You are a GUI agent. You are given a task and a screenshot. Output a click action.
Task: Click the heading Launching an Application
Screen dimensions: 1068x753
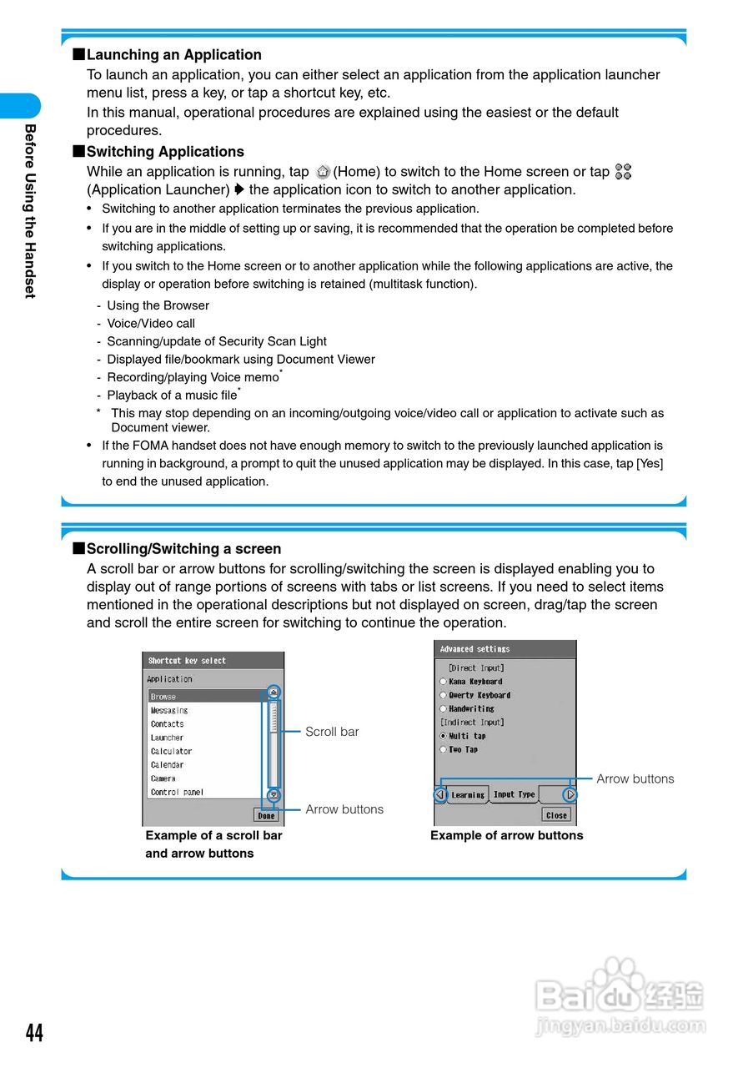173,55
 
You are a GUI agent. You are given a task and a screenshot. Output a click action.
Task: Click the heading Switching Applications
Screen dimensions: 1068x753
165,152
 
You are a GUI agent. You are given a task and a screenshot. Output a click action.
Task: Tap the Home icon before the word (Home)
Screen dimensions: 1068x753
324,172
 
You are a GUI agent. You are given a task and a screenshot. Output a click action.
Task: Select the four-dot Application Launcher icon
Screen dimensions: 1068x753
623,171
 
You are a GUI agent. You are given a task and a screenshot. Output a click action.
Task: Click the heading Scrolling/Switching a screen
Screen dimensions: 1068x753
183,549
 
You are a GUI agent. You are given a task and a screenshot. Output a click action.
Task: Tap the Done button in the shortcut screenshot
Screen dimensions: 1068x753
266,815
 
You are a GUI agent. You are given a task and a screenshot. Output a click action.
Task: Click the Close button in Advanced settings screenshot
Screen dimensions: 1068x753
556,814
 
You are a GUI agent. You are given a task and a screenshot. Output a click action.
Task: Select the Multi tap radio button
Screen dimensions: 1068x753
444,736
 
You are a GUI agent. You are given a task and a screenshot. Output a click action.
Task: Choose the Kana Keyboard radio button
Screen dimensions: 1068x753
444,682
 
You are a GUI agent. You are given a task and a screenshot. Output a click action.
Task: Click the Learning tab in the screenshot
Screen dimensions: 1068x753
468,795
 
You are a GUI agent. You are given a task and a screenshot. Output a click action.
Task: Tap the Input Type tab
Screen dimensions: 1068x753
514,794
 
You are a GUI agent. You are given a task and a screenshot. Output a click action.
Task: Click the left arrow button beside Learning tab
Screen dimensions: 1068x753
440,795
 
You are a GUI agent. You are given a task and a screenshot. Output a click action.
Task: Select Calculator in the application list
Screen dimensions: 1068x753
172,751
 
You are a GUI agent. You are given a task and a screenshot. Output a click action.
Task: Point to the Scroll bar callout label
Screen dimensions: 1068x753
332,732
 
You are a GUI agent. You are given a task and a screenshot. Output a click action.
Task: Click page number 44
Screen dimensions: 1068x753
34,1033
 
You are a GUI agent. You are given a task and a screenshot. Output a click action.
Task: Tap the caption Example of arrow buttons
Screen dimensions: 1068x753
506,835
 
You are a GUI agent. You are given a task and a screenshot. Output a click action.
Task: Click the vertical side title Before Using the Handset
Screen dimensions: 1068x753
30,211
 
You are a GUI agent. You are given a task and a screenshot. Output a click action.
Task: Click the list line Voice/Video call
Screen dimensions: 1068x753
151,324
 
